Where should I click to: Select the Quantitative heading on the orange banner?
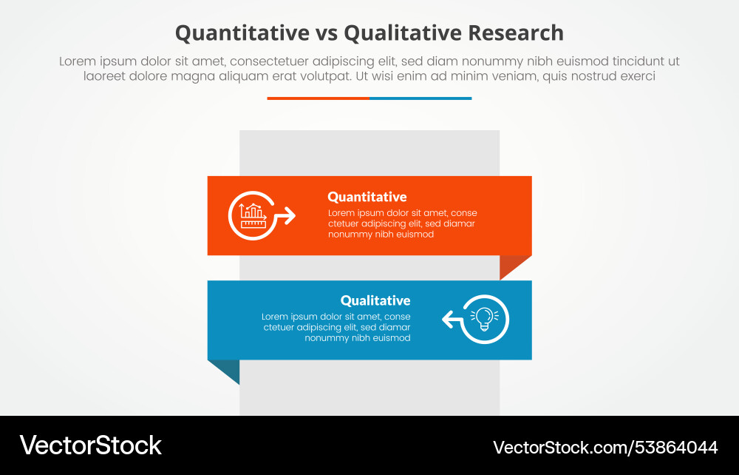[x=367, y=197]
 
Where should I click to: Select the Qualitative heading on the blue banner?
[x=375, y=300]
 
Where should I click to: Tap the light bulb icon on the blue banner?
[x=485, y=318]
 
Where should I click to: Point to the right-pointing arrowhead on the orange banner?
[x=289, y=216]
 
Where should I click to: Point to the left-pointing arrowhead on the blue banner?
[x=447, y=320]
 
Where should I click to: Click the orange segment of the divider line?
[x=318, y=98]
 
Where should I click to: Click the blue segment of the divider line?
[x=420, y=98]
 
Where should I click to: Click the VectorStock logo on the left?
[x=90, y=445]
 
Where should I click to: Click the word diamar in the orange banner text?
[x=460, y=223]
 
